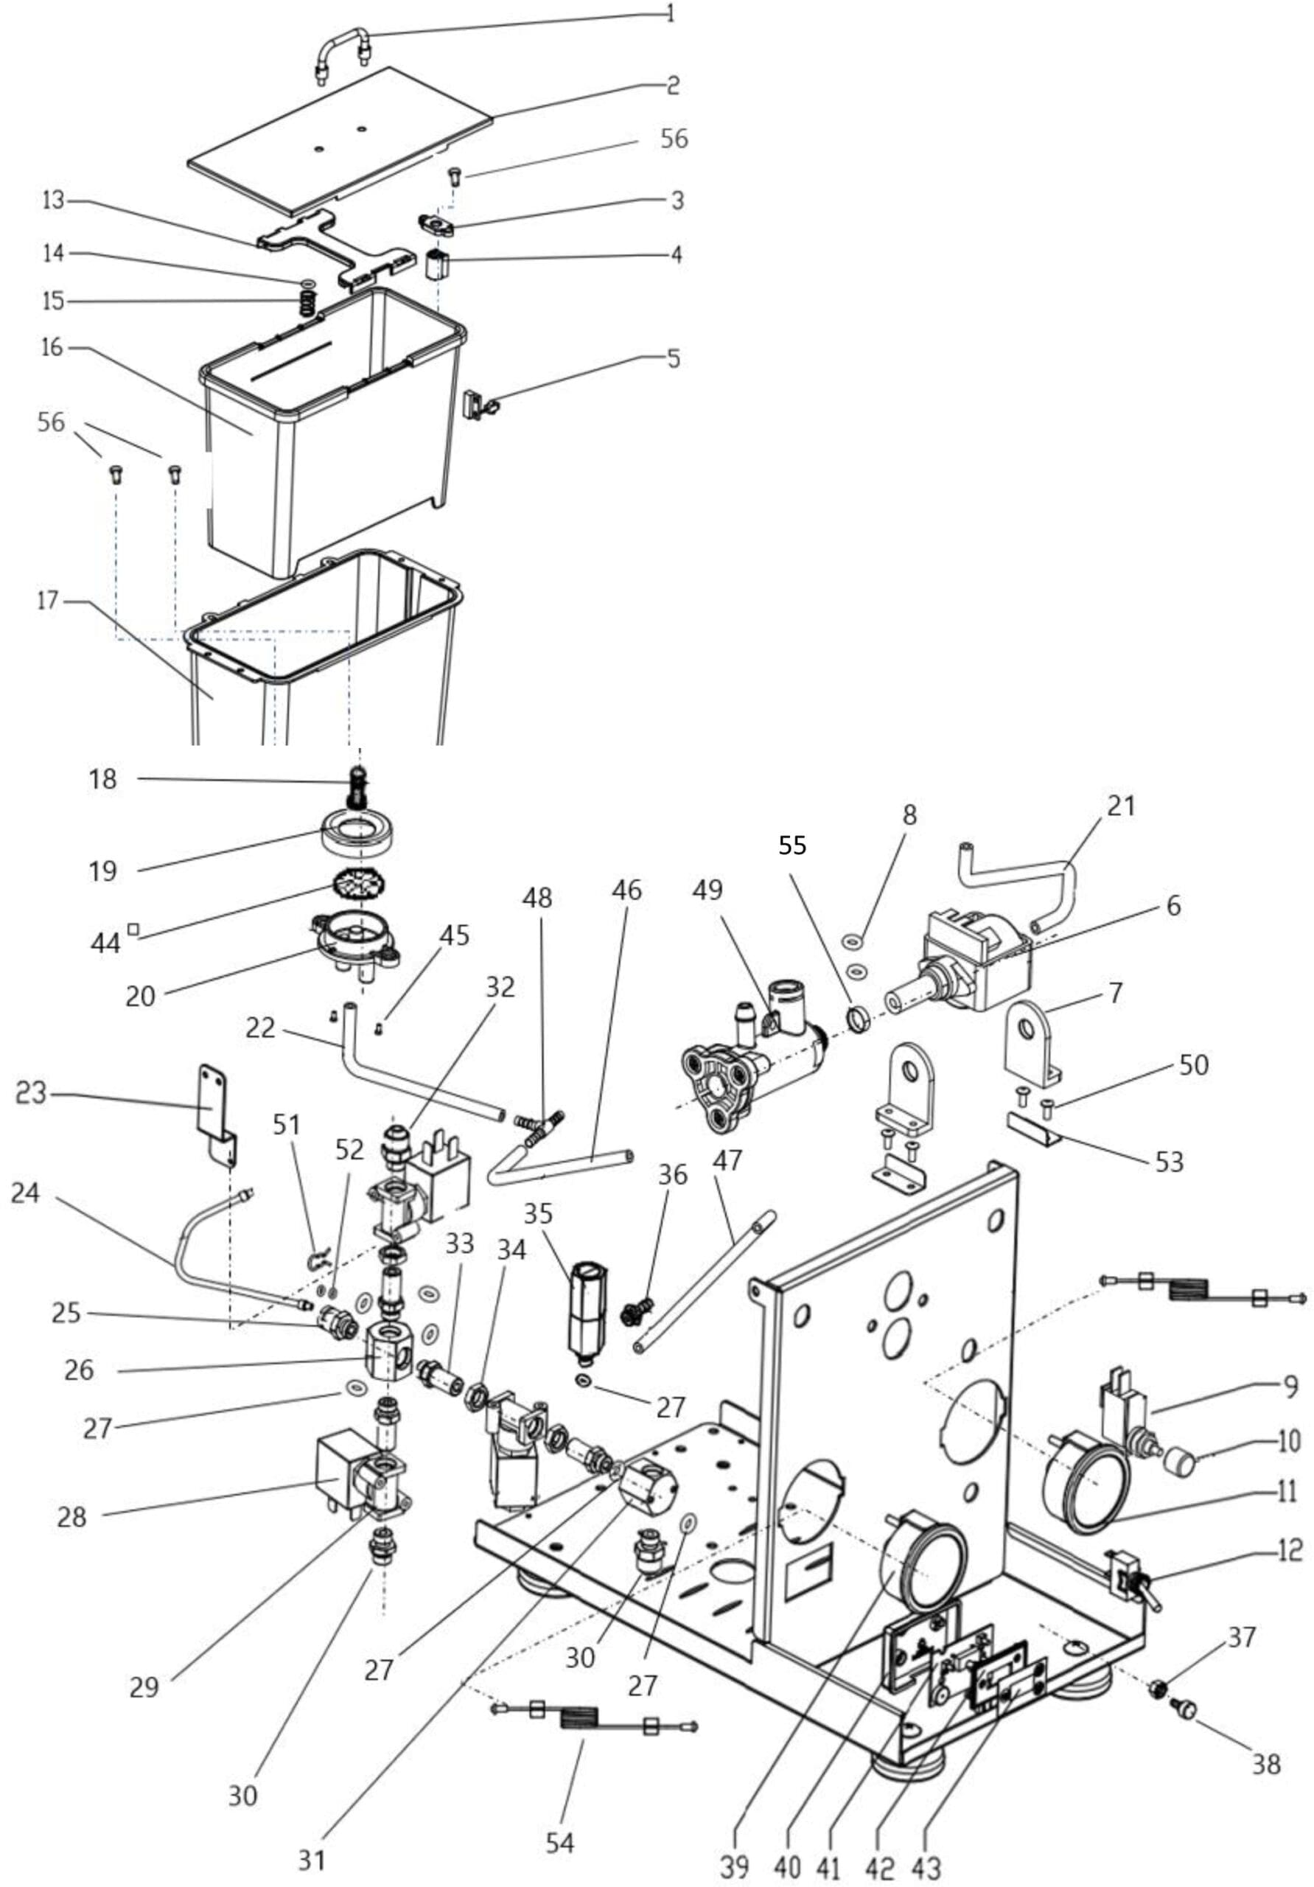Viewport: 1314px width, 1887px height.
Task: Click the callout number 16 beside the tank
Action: tap(52, 348)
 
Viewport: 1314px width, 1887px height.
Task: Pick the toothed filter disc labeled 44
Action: tap(359, 887)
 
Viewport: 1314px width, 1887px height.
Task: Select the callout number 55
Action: tap(792, 845)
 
